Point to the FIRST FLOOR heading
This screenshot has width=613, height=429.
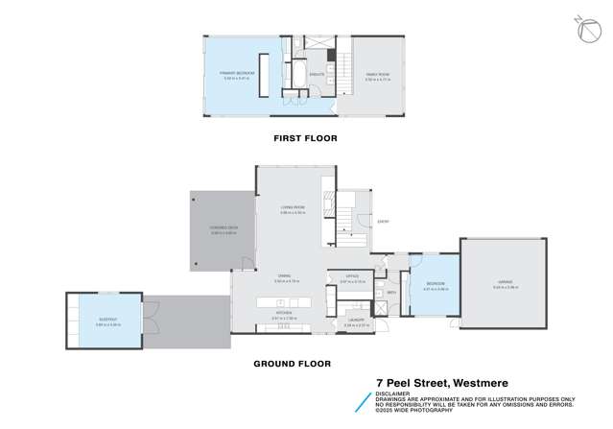(302, 138)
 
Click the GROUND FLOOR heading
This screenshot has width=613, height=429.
(292, 364)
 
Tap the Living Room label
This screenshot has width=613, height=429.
(293, 207)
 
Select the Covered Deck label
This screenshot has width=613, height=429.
(224, 229)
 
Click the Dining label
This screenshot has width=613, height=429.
(285, 276)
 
